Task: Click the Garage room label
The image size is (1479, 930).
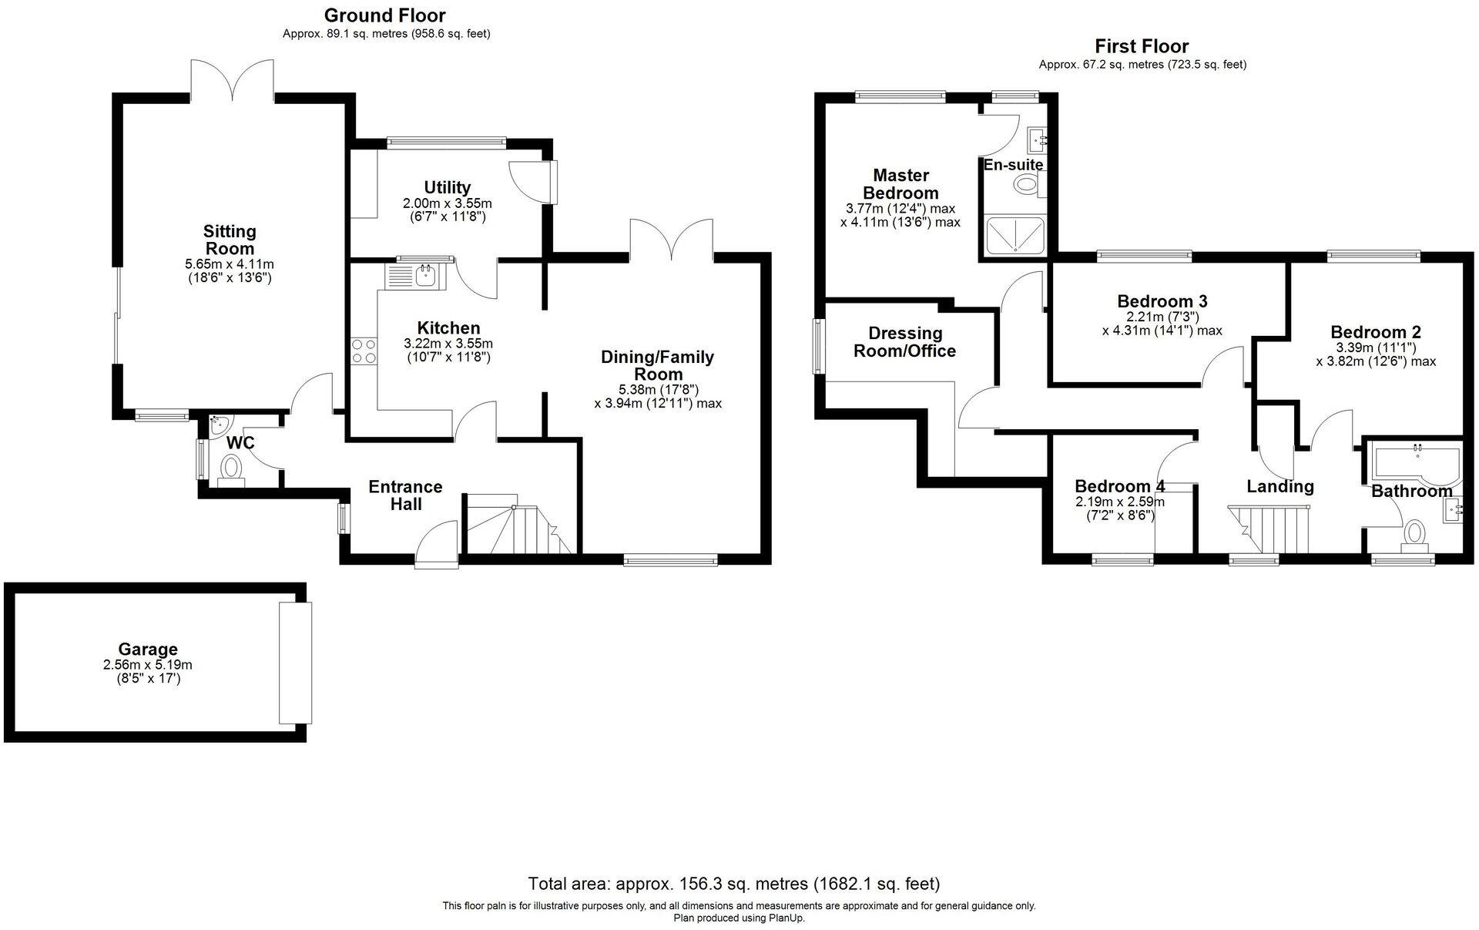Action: tap(148, 650)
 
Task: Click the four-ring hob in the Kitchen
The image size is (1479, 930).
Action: tap(364, 351)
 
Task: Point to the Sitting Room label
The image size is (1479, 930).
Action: tap(230, 240)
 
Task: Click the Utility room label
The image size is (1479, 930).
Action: tap(447, 187)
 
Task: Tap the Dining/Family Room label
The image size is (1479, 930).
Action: tap(657, 365)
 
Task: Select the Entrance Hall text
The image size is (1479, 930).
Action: tap(405, 495)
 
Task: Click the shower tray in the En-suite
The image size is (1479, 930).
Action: tap(1015, 235)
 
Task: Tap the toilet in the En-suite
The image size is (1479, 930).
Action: tap(1026, 184)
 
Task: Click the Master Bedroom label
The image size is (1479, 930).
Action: tap(900, 184)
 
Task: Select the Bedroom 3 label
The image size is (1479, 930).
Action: tap(1162, 301)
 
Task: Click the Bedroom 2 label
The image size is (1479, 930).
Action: tap(1376, 332)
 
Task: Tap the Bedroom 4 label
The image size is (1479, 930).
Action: tap(1119, 486)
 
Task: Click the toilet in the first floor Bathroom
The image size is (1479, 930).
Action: tap(1414, 534)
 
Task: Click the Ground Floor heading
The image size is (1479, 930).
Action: tap(384, 15)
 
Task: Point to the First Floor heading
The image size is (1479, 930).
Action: tap(1142, 46)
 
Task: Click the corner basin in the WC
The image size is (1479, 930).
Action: tap(218, 423)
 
